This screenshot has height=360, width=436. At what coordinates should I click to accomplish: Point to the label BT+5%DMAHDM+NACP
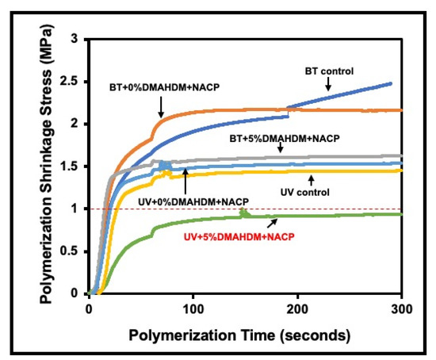tap(284, 138)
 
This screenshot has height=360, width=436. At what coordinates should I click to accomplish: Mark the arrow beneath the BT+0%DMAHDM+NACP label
tap(161, 103)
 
